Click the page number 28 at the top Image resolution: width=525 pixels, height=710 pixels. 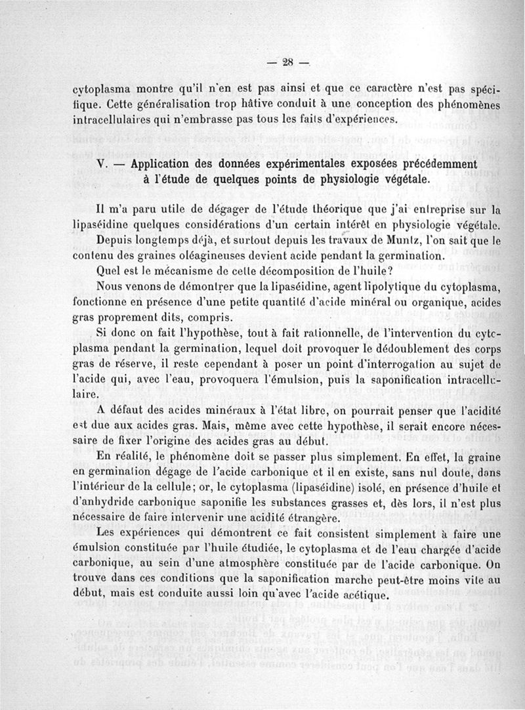[x=287, y=63]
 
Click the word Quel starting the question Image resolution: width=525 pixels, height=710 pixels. [x=108, y=272]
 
